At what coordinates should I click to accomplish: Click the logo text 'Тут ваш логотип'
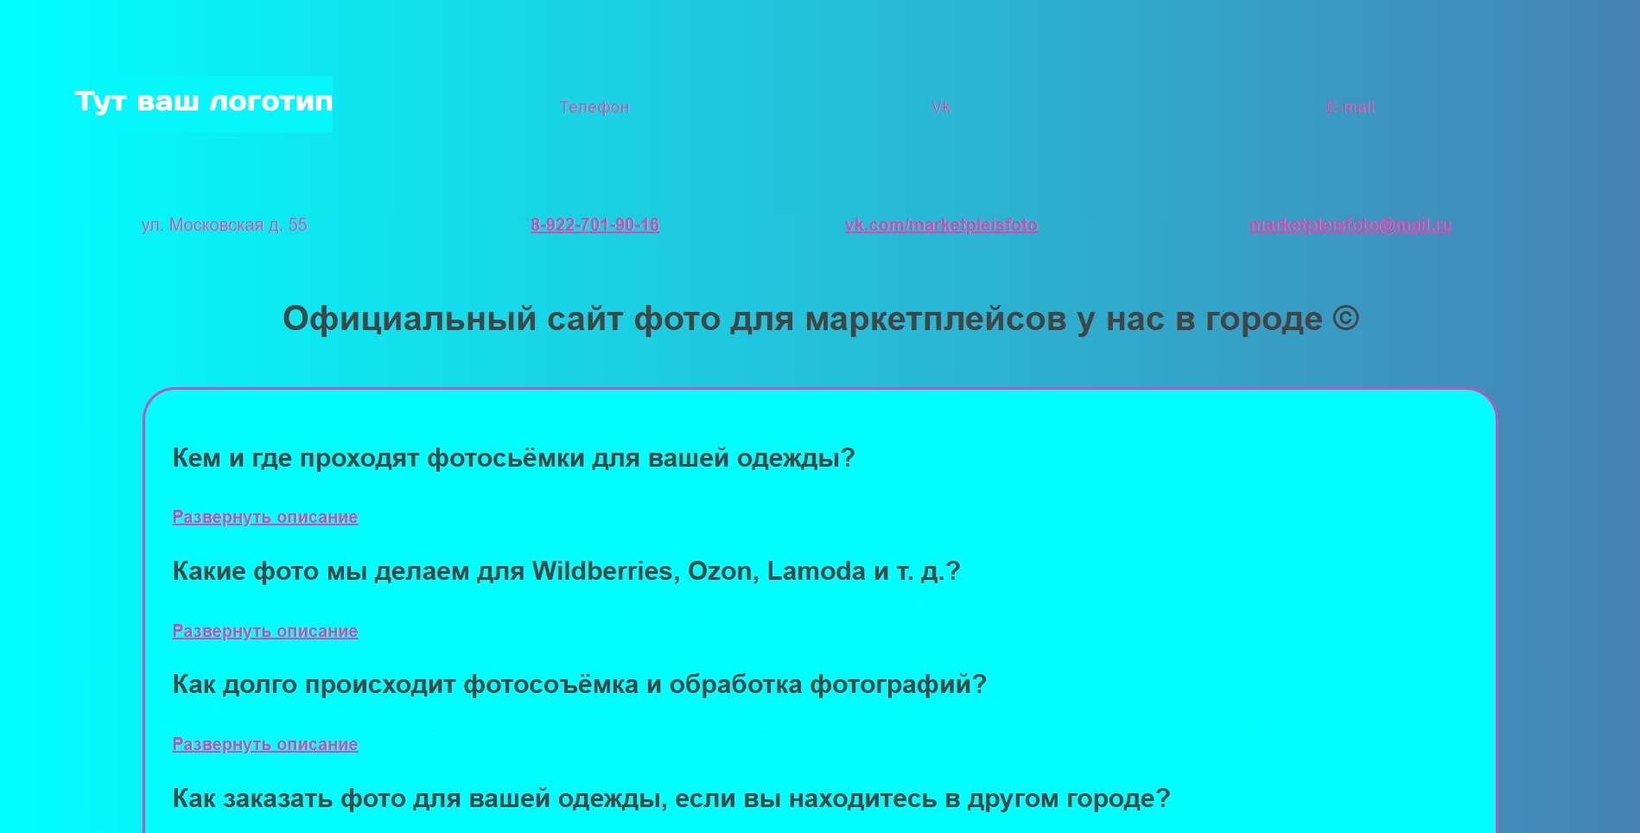204,102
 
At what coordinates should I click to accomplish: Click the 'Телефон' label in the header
594,107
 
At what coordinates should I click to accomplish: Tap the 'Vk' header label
941,107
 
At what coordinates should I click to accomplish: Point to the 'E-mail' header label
1351,107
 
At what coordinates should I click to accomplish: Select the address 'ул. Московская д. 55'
225,225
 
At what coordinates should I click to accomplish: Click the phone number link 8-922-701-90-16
594,225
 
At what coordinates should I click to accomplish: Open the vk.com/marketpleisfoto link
941,225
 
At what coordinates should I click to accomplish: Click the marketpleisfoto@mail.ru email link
1351,225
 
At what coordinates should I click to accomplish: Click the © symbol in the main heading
1345,318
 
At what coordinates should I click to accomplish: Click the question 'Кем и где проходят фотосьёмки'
514,458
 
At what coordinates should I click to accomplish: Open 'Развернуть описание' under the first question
265,517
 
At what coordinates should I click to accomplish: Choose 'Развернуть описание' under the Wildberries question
265,631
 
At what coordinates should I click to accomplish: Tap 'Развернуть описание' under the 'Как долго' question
265,744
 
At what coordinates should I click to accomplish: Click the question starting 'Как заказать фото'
671,798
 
